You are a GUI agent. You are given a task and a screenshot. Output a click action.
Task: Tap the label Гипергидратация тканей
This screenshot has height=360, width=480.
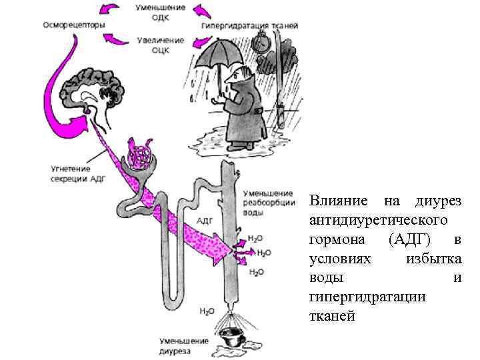coord(249,25)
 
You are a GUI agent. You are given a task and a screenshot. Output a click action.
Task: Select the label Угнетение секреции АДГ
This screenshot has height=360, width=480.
coord(78,173)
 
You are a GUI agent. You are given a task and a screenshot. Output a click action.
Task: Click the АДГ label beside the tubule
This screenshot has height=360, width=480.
coord(205,221)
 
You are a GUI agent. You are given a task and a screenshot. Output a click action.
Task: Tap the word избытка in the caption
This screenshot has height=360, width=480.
coord(433,258)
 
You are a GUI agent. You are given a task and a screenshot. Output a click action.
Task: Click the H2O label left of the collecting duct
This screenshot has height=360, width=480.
coord(207,311)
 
